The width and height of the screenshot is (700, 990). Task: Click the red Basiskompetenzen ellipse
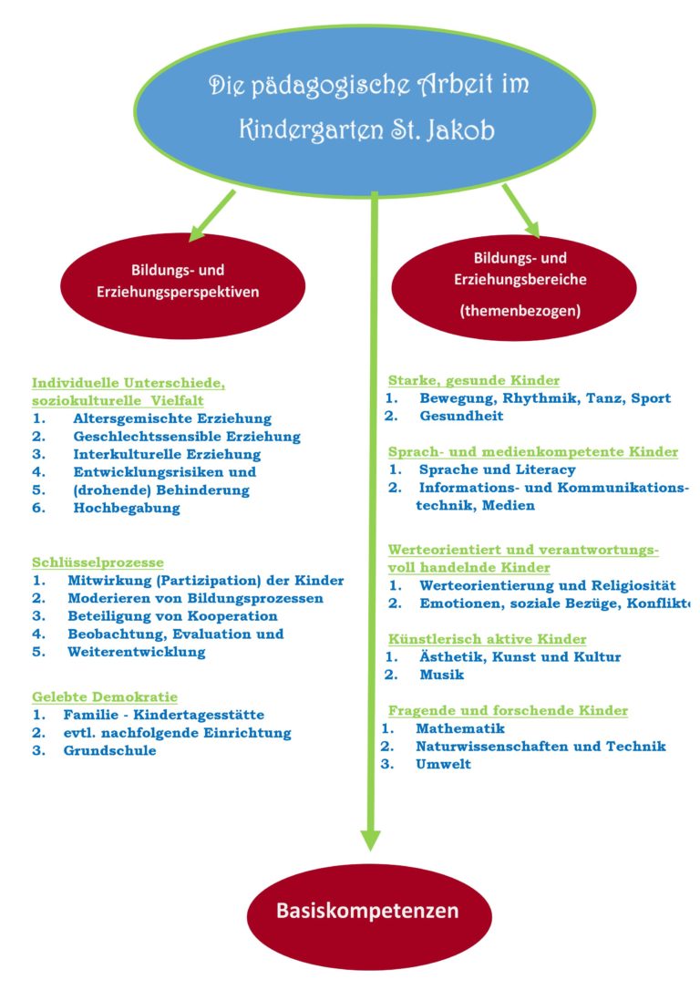[368, 910]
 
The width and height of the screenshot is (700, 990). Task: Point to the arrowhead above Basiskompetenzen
[369, 836]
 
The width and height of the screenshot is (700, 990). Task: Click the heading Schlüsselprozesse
[98, 562]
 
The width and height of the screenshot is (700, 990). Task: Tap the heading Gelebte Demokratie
[105, 696]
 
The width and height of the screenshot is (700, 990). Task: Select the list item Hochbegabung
[127, 509]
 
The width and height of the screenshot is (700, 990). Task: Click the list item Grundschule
[109, 750]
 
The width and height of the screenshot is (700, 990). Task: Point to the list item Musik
[442, 675]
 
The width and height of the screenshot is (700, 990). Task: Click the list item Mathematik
[459, 728]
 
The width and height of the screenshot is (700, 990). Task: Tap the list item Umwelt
[443, 764]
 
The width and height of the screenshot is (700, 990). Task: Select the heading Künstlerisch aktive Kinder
[487, 639]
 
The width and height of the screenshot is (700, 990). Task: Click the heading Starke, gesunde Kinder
[474, 380]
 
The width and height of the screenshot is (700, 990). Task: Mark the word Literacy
[544, 469]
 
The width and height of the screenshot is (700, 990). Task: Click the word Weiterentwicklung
[137, 652]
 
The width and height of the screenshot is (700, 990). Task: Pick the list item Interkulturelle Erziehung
[167, 454]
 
